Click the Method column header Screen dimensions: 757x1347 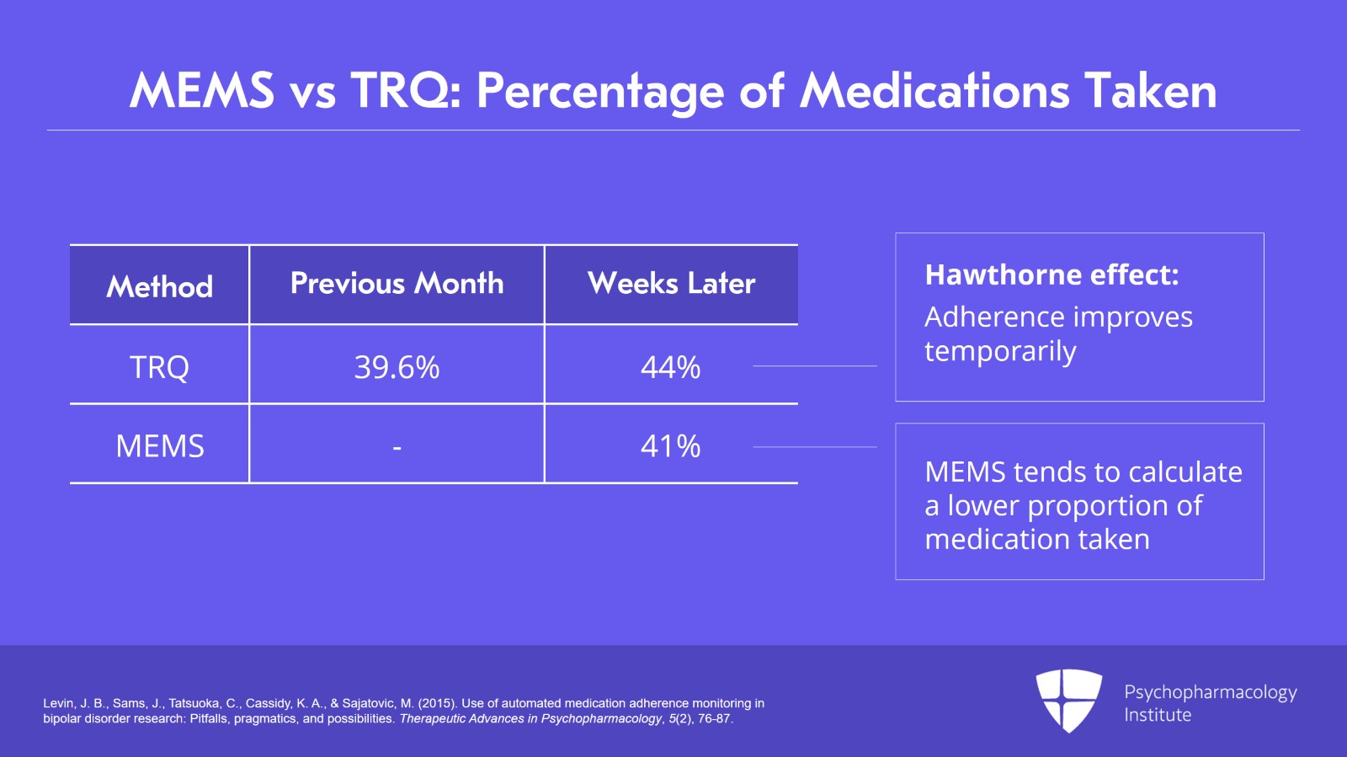coord(159,286)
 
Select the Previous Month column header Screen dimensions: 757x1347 coord(397,284)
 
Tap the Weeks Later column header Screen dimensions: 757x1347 coord(671,284)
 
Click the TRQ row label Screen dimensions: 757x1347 coord(159,367)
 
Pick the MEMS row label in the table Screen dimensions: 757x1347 coord(159,446)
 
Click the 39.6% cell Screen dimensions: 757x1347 coord(397,367)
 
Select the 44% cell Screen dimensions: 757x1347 coord(670,367)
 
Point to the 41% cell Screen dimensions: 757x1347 coord(670,446)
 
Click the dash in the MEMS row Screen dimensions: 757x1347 coord(397,448)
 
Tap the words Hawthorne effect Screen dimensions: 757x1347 coord(1052,275)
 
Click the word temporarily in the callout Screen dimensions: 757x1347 coord(1000,351)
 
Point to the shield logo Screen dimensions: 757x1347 coord(1068,700)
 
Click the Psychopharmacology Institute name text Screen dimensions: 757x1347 coord(1210,703)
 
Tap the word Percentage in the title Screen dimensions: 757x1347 coord(600,91)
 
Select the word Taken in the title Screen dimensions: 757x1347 coord(1150,90)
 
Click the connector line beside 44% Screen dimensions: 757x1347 coord(814,366)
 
